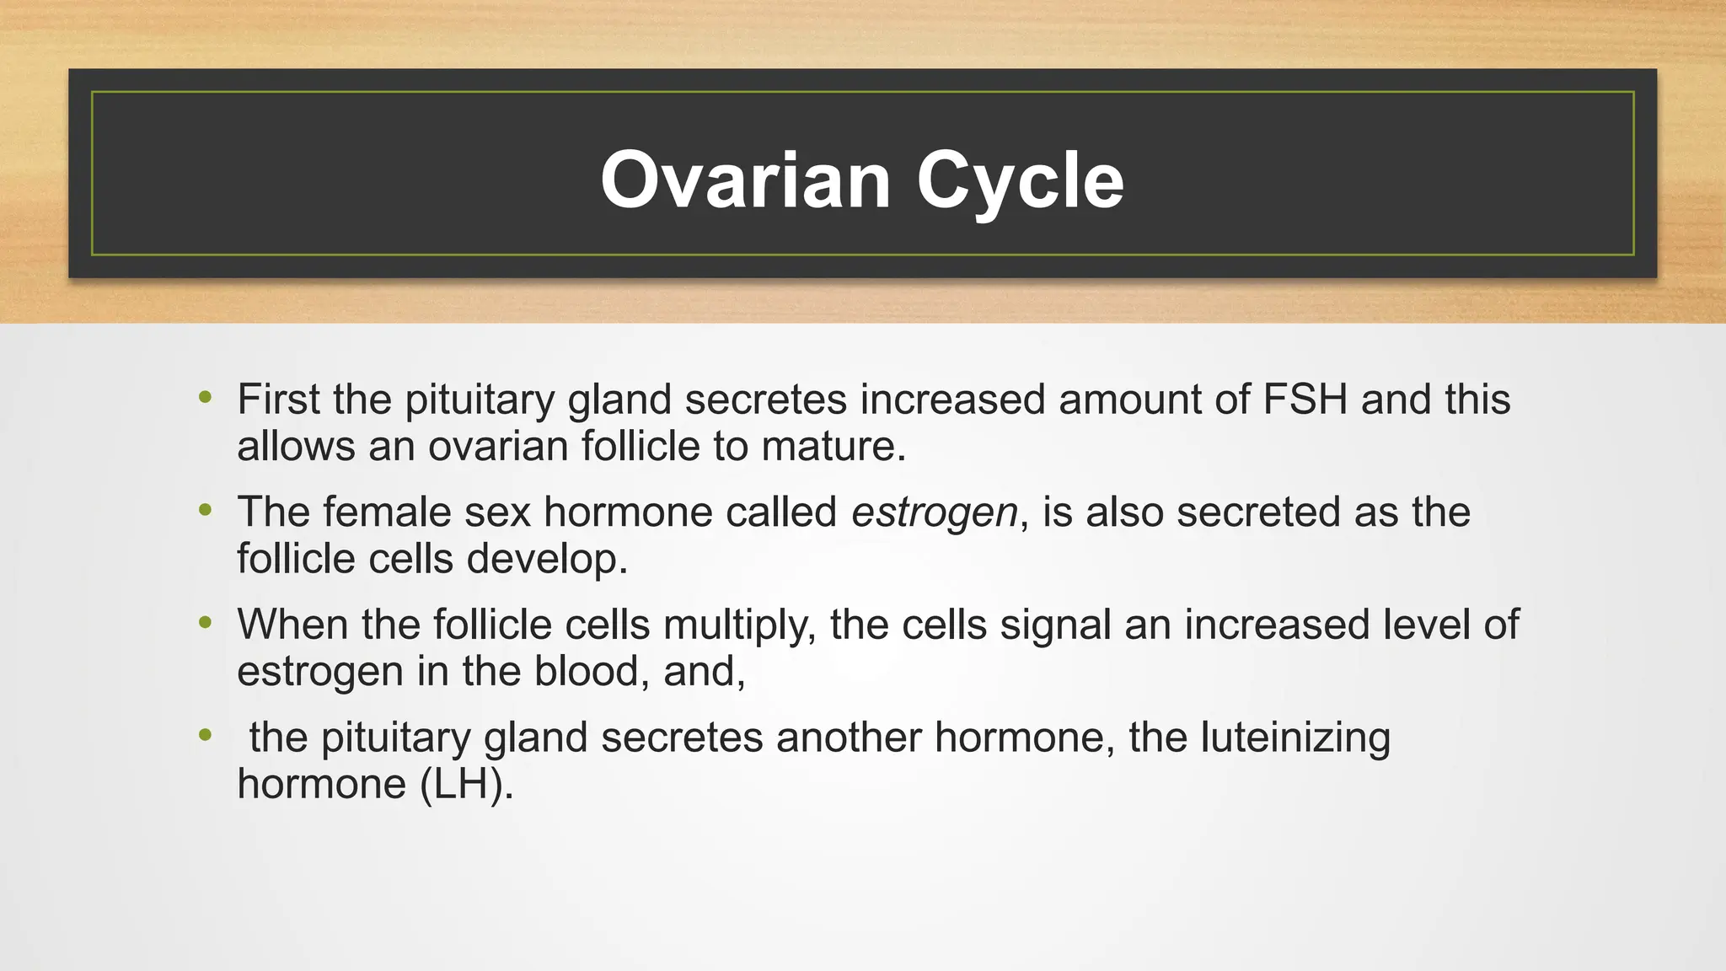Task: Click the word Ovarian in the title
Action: (x=745, y=180)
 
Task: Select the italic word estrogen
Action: (x=934, y=512)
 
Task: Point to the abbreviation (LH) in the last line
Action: (x=466, y=785)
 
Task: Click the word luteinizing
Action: (x=1295, y=738)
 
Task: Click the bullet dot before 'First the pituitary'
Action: (x=205, y=397)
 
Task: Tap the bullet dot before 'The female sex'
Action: (x=205, y=510)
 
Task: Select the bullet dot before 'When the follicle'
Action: (x=205, y=623)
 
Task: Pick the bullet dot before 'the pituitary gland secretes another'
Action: (x=205, y=735)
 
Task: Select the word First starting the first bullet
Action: (x=278, y=400)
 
